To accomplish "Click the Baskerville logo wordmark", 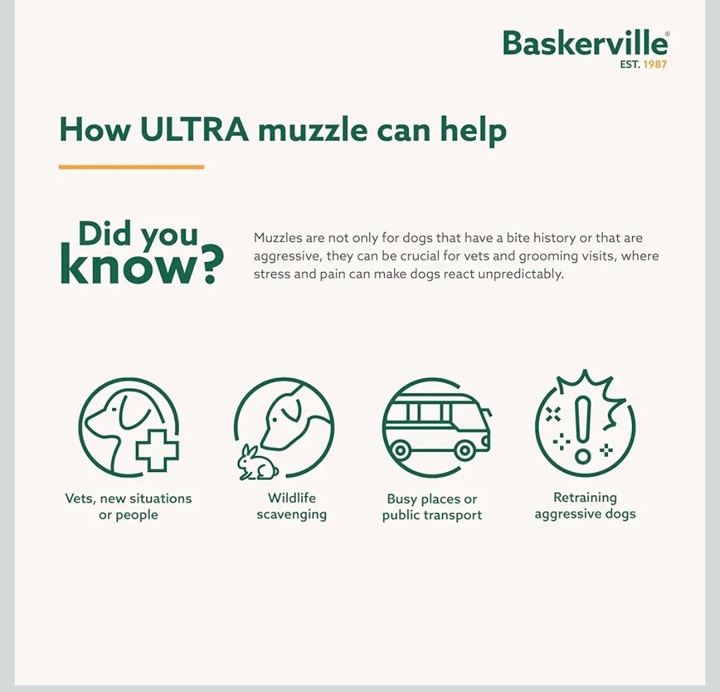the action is pyautogui.click(x=585, y=43).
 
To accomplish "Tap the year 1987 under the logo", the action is pyautogui.click(x=655, y=64).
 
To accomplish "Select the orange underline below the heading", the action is pyautogui.click(x=131, y=167).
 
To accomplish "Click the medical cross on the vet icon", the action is pyautogui.click(x=157, y=450).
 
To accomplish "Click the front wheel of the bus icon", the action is pyautogui.click(x=464, y=451).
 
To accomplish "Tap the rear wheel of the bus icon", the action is pyautogui.click(x=400, y=451).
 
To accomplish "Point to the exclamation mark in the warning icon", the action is pyautogui.click(x=583, y=429).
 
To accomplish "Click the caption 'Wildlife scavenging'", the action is pyautogui.click(x=291, y=506).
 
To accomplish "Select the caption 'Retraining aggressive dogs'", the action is pyautogui.click(x=585, y=505).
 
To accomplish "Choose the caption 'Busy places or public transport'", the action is pyautogui.click(x=432, y=507).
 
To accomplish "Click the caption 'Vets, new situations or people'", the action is pyautogui.click(x=129, y=507).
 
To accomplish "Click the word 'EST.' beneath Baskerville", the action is pyautogui.click(x=629, y=64).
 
